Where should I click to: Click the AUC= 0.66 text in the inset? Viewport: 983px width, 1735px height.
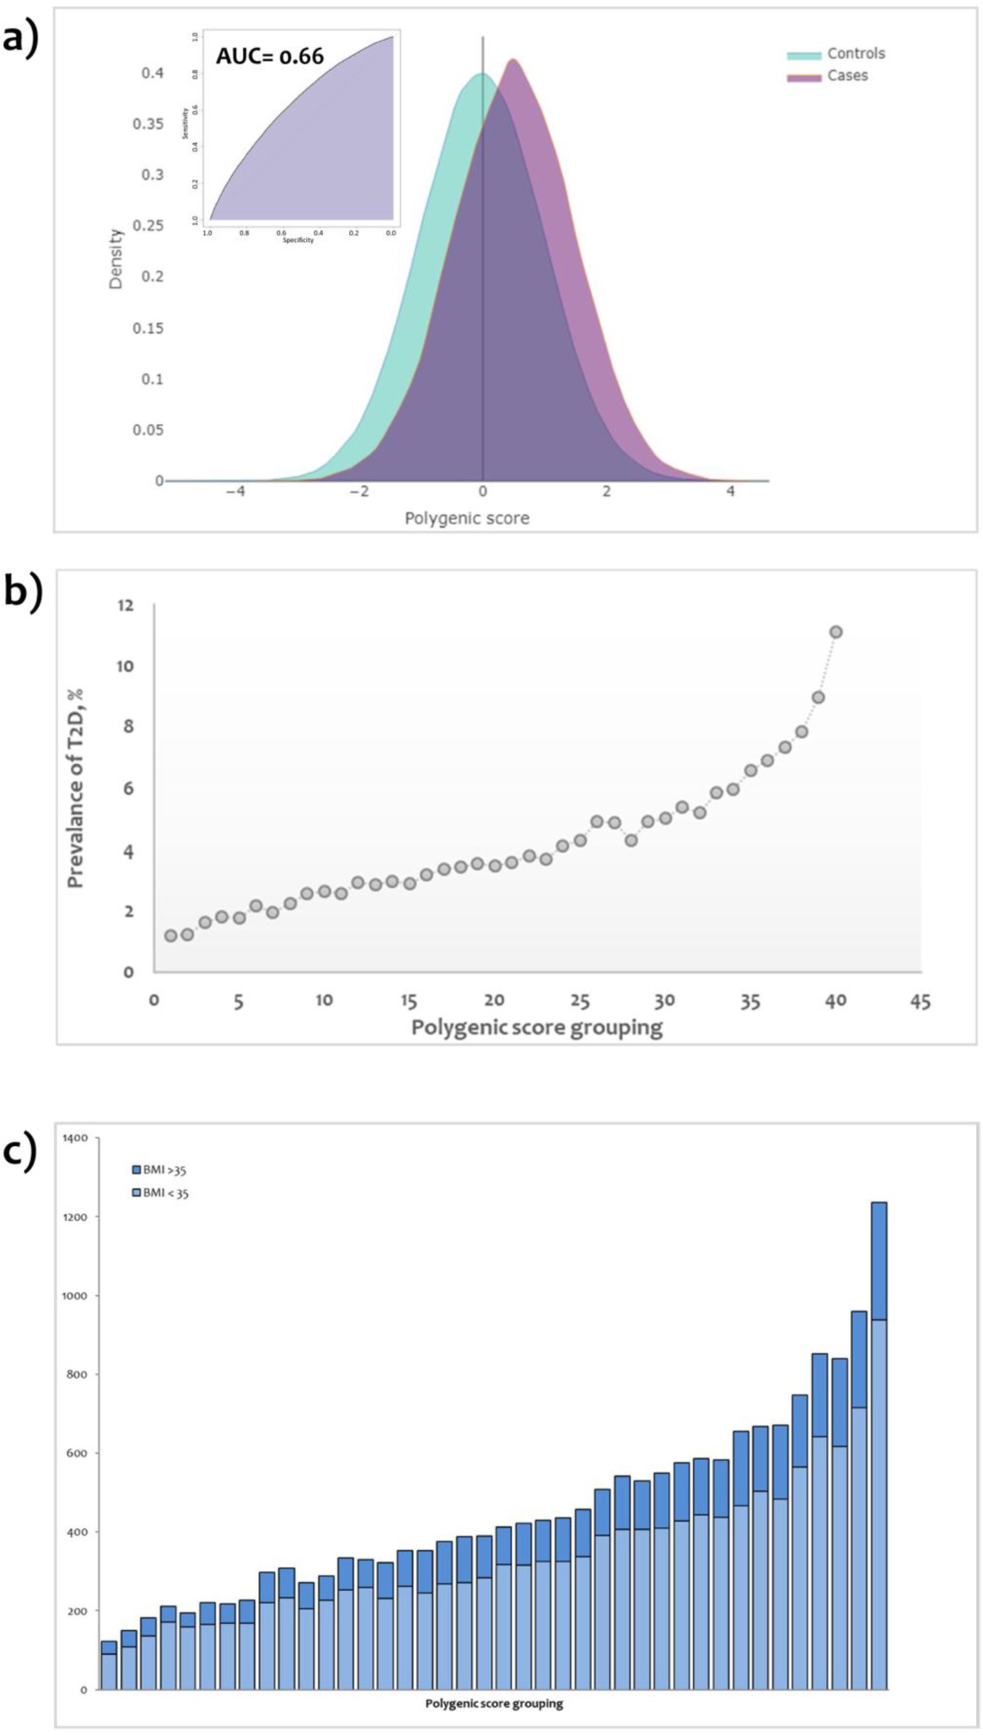click(x=270, y=56)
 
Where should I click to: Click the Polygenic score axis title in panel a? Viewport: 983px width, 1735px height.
click(x=466, y=518)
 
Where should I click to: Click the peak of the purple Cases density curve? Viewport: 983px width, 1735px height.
click(x=513, y=61)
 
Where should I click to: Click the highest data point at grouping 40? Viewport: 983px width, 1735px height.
click(x=836, y=632)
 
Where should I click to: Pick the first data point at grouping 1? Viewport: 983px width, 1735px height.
click(x=171, y=936)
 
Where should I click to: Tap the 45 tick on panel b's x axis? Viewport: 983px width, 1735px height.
click(x=920, y=1001)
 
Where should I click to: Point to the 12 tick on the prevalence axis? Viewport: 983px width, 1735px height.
click(x=126, y=605)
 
